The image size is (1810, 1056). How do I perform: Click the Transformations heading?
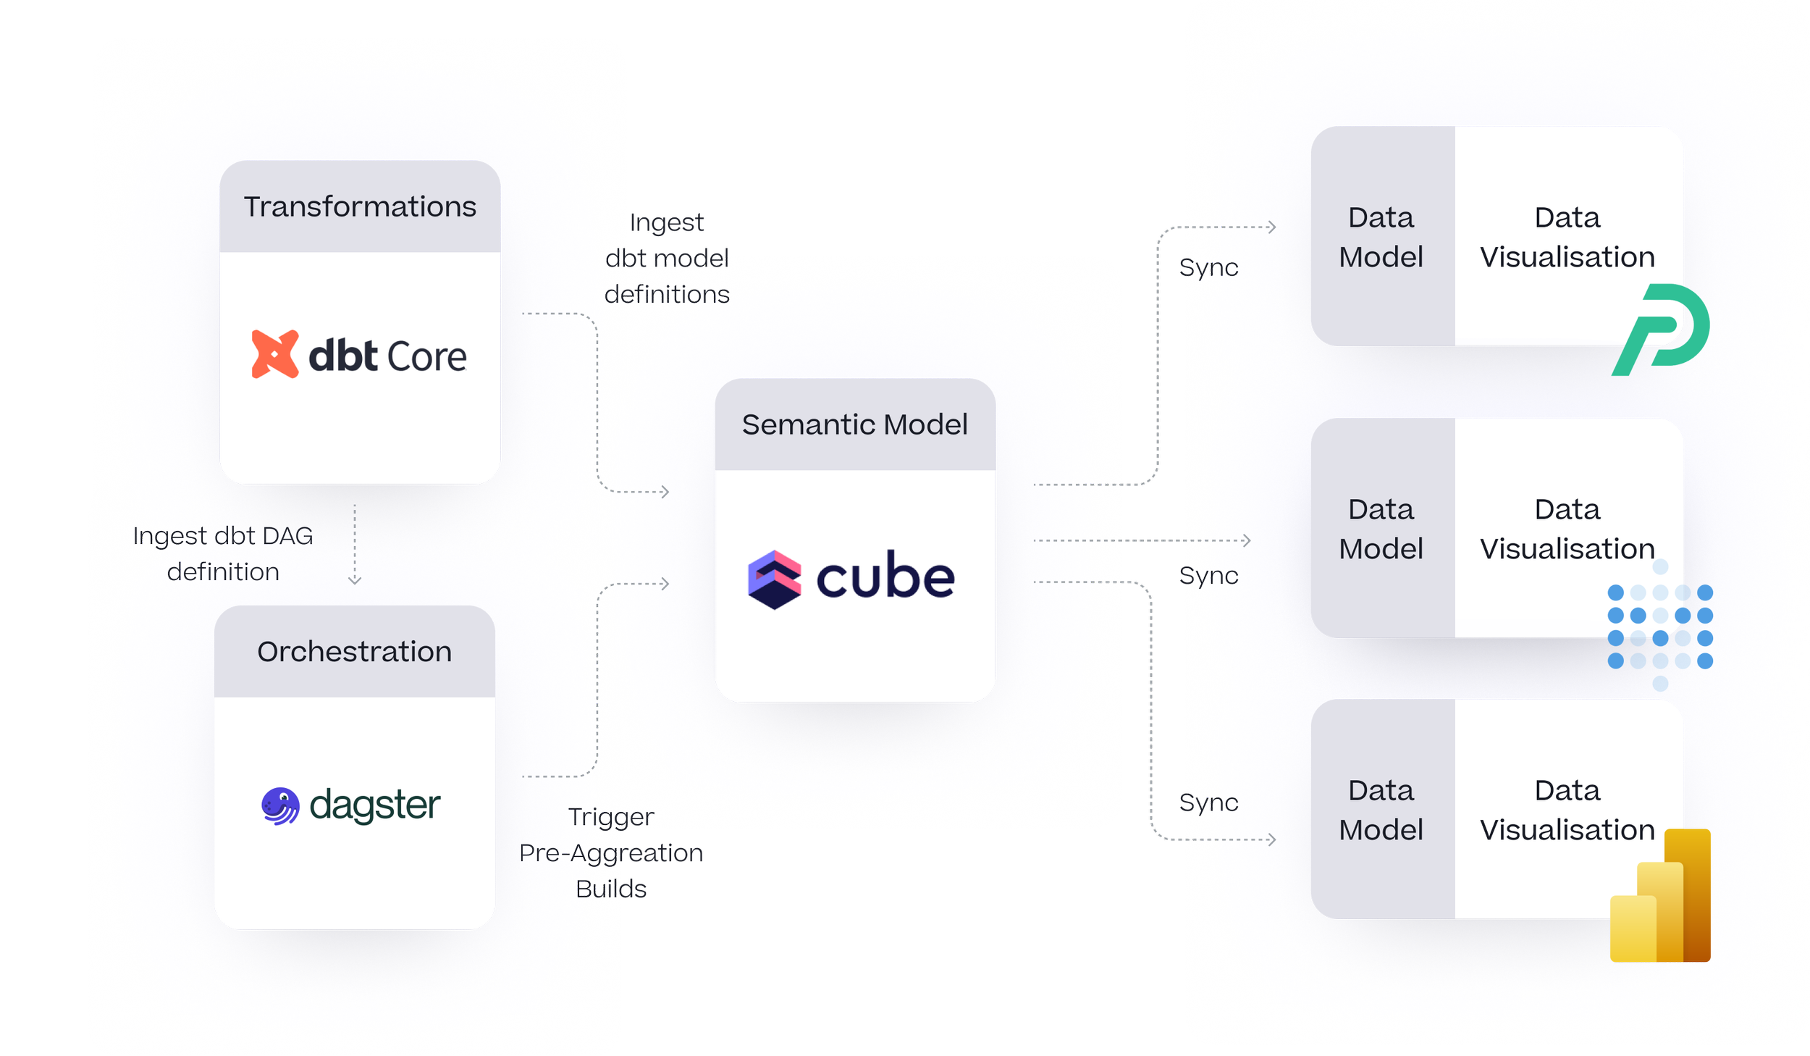click(x=360, y=207)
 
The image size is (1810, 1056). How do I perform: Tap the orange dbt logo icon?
click(x=274, y=354)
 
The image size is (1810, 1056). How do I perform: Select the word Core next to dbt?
click(x=427, y=357)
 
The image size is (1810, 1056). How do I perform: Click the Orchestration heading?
click(x=354, y=652)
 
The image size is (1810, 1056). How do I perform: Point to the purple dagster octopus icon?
click(x=281, y=806)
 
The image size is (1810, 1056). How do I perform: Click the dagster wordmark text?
click(x=374, y=805)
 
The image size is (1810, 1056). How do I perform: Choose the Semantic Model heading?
click(x=854, y=425)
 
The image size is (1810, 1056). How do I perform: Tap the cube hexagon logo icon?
click(x=774, y=579)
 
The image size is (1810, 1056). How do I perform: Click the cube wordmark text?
click(x=885, y=577)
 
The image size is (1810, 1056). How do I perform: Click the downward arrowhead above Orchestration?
click(x=355, y=580)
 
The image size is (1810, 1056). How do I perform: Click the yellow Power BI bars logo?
click(x=1660, y=897)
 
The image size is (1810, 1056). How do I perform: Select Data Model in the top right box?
click(x=1381, y=238)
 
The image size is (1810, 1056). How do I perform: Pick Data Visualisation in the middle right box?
click(x=1567, y=529)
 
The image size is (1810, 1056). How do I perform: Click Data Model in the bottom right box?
click(x=1381, y=810)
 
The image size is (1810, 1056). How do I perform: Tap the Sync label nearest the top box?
click(x=1209, y=268)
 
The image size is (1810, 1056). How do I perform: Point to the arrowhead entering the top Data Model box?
click(x=1272, y=227)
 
